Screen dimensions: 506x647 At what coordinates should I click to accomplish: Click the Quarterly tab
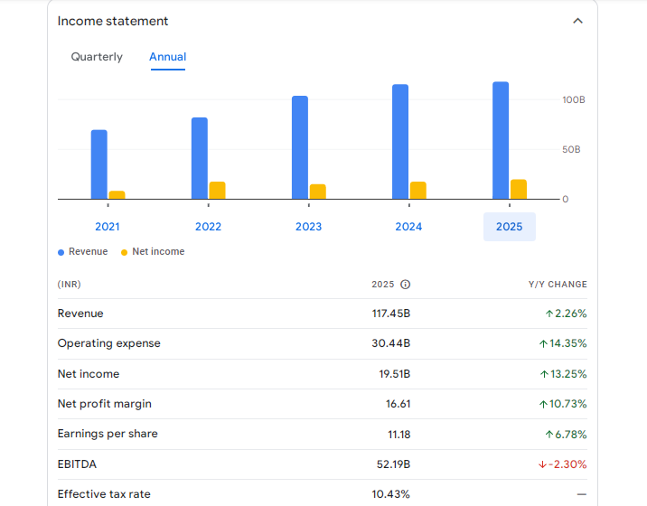97,57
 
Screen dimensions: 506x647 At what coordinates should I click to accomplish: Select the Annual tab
167,57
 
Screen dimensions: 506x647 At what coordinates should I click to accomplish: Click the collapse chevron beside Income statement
578,21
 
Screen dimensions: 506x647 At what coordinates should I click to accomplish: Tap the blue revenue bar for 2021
99,164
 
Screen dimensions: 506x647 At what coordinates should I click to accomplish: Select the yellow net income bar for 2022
217,190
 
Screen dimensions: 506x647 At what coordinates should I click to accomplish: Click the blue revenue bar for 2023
300,146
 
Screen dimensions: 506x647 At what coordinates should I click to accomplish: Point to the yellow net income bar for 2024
417,190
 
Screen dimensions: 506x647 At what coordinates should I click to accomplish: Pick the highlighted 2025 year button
509,227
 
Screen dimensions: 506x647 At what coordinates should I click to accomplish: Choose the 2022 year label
208,227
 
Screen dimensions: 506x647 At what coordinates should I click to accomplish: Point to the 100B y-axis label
574,99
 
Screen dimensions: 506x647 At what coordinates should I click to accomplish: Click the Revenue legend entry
83,252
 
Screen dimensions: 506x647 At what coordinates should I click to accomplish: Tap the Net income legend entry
154,252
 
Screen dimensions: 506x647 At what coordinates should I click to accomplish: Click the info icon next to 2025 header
405,285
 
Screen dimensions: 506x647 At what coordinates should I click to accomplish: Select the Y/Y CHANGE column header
558,285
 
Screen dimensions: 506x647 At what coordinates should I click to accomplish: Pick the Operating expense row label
109,343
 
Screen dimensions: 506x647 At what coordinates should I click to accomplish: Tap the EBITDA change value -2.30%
562,464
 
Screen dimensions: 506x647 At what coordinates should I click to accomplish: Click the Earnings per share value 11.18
399,435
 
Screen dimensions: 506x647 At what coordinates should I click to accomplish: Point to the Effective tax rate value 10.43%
391,494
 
